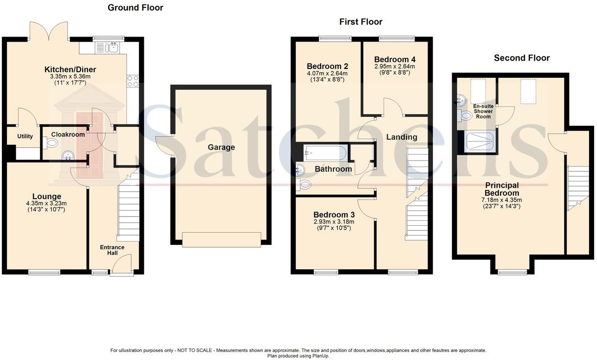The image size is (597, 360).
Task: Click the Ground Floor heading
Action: pyautogui.click(x=135, y=7)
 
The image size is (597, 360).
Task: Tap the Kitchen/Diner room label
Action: pyautogui.click(x=70, y=69)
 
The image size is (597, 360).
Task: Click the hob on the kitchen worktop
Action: pyautogui.click(x=133, y=81)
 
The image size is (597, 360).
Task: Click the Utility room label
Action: pyautogui.click(x=25, y=137)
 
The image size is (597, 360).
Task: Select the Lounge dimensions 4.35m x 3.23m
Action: pyautogui.click(x=46, y=204)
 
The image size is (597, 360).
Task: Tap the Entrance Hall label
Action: pyautogui.click(x=112, y=250)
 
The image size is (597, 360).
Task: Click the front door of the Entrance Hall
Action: pyautogui.click(x=122, y=267)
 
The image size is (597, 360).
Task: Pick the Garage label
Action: pyautogui.click(x=221, y=147)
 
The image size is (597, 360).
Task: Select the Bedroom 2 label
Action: pyautogui.click(x=328, y=66)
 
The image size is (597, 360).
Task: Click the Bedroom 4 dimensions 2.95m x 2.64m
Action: pyautogui.click(x=395, y=66)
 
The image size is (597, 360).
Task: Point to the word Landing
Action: pyautogui.click(x=402, y=137)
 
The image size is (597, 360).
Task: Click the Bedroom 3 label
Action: pyautogui.click(x=334, y=215)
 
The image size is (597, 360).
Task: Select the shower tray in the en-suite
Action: pyautogui.click(x=479, y=141)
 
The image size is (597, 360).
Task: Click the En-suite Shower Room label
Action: pyautogui.click(x=483, y=111)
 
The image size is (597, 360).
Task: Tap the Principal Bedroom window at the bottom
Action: pyautogui.click(x=512, y=272)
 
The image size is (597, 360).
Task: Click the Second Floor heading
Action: pyautogui.click(x=522, y=58)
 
